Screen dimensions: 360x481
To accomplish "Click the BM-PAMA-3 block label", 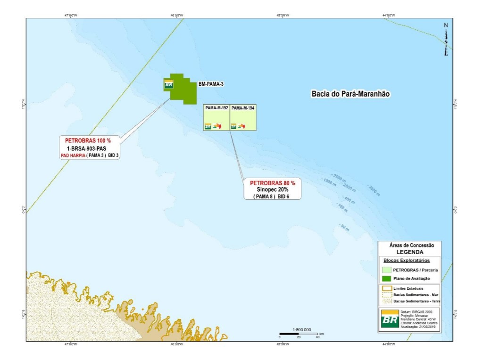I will (211, 84).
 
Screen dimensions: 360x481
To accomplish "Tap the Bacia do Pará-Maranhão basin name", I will (351, 94).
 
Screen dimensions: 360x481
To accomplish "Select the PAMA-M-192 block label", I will (216, 108).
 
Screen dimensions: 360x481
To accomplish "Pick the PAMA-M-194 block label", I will (243, 108).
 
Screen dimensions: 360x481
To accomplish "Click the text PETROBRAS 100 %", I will (88, 140).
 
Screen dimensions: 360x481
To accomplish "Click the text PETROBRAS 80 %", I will (273, 183).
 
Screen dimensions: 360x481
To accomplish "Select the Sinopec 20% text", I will (273, 189).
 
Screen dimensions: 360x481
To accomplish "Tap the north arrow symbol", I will (446, 40).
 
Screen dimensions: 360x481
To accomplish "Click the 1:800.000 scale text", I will (302, 330).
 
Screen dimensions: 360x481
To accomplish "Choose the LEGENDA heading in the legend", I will (409, 252).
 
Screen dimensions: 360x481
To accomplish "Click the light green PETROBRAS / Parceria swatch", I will (386, 270).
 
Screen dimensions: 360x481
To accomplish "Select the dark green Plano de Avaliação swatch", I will (386, 278).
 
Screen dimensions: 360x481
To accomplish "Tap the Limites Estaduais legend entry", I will (408, 288).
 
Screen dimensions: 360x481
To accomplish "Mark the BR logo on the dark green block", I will (168, 84).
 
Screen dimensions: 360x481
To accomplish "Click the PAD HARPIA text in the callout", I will (72, 155).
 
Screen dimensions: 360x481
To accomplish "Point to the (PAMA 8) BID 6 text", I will (271, 196).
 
